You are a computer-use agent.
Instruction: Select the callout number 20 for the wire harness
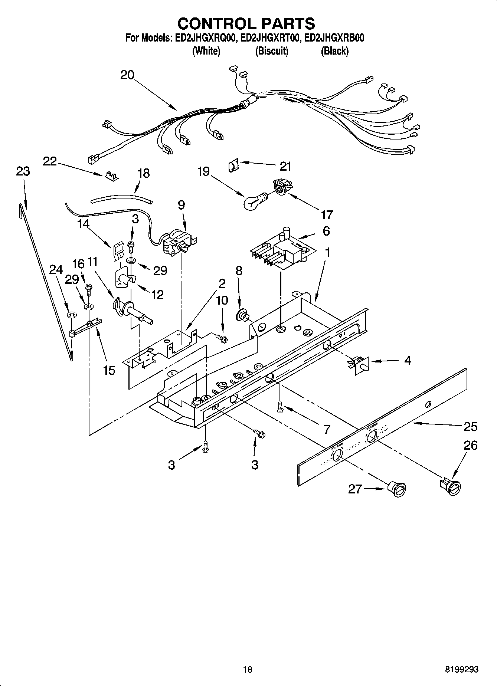(127, 75)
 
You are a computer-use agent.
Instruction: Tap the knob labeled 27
(397, 488)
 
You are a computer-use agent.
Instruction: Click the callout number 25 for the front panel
(470, 427)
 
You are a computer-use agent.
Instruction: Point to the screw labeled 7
(280, 407)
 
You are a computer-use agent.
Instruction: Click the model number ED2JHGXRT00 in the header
(270, 38)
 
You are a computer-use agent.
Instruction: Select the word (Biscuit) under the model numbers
(272, 51)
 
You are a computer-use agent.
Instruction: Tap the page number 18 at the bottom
(248, 669)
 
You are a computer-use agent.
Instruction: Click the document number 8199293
(462, 669)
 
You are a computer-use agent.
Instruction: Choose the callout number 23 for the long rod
(23, 171)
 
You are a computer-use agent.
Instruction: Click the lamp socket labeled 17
(281, 186)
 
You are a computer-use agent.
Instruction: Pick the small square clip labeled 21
(232, 164)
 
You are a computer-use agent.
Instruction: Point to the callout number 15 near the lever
(109, 370)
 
